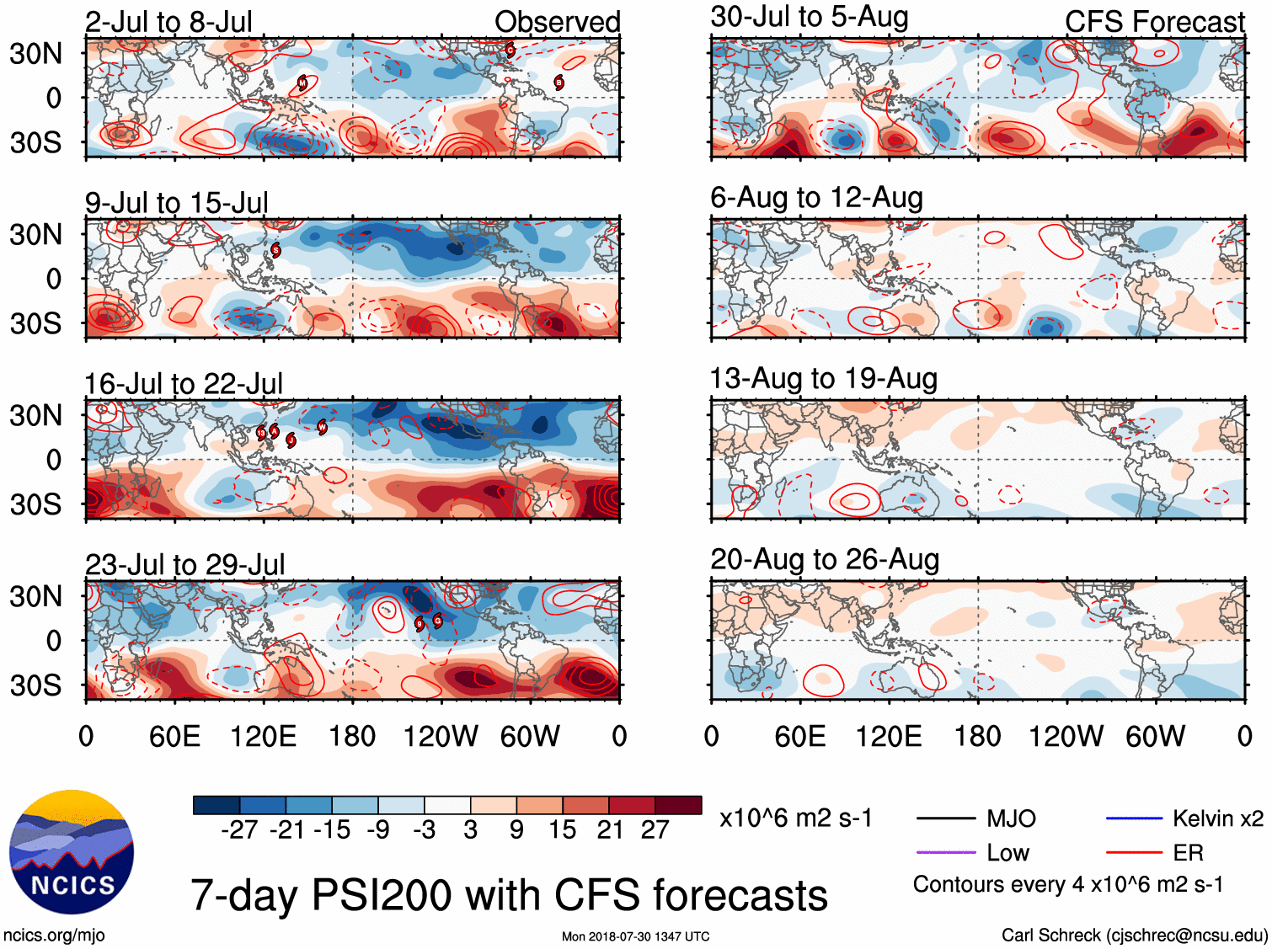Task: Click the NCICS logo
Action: [x=72, y=852]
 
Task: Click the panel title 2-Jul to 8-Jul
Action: [x=168, y=22]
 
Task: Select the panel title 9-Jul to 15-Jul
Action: [x=177, y=203]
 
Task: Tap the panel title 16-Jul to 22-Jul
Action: [x=184, y=384]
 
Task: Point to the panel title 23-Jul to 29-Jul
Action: [x=185, y=565]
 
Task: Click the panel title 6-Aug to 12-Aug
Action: [x=816, y=198]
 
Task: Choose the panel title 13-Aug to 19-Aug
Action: [x=823, y=379]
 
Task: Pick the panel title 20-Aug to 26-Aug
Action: [x=825, y=560]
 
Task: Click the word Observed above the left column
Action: [x=557, y=22]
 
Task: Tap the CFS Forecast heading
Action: [x=1154, y=22]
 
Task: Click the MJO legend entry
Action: [x=1011, y=818]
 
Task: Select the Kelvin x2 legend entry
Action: [x=1217, y=818]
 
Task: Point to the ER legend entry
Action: [x=1188, y=853]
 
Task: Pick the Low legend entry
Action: [x=1007, y=853]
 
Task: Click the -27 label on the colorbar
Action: [x=239, y=830]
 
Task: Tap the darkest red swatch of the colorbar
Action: [x=678, y=805]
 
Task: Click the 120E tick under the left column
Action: [x=264, y=737]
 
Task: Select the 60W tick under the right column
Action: [x=1155, y=737]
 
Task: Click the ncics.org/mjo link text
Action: [x=54, y=935]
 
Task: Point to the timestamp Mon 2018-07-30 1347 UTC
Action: [x=635, y=936]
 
